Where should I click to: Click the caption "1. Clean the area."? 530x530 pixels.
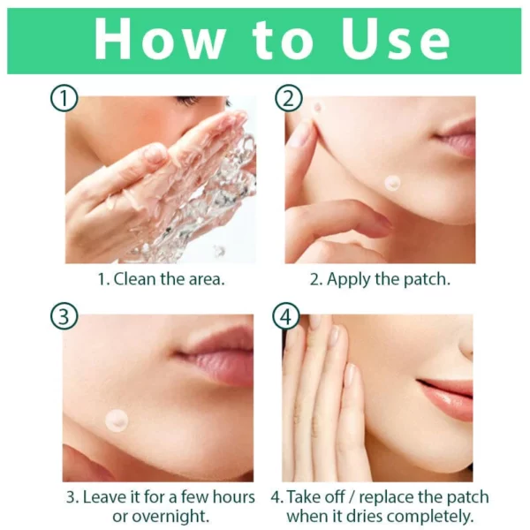tap(161, 279)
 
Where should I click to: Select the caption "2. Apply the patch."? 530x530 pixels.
tap(380, 279)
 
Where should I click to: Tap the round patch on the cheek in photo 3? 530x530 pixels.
tap(116, 419)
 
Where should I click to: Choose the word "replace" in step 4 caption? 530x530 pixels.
tap(395, 496)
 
